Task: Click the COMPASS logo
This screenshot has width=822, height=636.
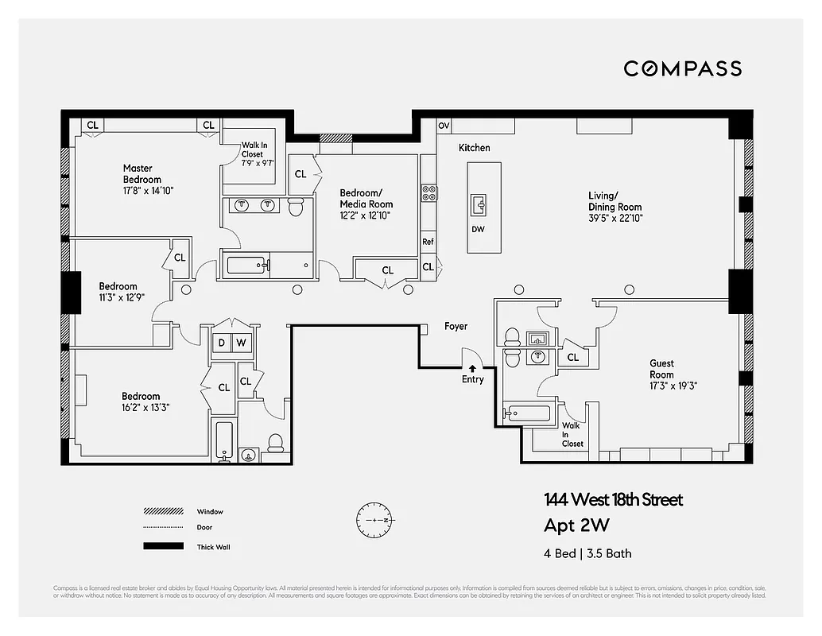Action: coord(682,69)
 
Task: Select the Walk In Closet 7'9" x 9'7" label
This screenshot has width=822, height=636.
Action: coord(258,153)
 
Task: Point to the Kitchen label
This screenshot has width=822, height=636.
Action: coord(475,148)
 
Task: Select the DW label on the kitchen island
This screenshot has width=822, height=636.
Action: coord(478,230)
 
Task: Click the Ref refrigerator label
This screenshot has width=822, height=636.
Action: coord(428,242)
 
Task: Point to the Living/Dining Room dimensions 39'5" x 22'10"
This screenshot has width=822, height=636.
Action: coord(615,217)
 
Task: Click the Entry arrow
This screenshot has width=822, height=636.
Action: coord(472,368)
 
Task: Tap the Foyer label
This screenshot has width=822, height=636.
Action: coord(456,326)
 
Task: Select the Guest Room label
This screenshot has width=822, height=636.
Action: coord(661,369)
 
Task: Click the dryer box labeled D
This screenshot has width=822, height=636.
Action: coord(222,343)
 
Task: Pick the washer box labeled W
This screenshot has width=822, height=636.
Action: coord(241,343)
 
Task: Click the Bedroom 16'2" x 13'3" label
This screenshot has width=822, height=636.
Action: coord(141,401)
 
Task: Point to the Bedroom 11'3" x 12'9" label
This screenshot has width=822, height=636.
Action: coord(118,292)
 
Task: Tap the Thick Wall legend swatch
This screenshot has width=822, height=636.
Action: coord(162,546)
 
